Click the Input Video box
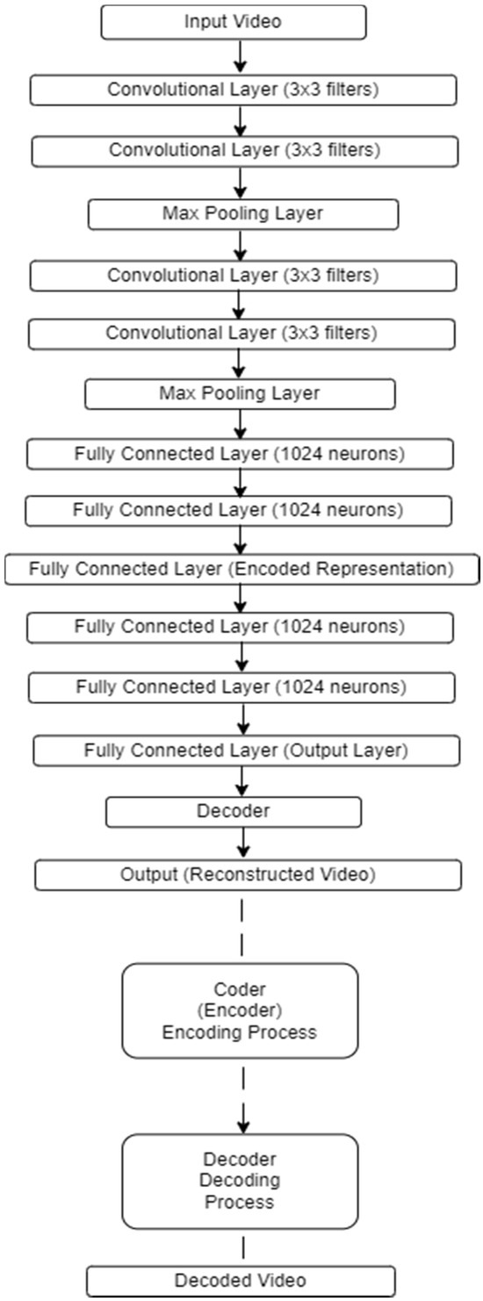[x=233, y=22]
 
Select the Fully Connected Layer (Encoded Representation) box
[x=241, y=569]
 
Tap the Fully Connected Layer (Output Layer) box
[x=246, y=751]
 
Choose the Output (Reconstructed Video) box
[x=247, y=874]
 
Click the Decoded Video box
[x=241, y=1280]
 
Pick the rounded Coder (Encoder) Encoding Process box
[x=240, y=1010]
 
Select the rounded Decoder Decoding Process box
[x=240, y=1181]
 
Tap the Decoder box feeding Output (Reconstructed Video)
[x=234, y=811]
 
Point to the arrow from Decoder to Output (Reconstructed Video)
[x=245, y=844]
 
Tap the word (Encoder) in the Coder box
[x=239, y=1010]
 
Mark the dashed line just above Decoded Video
[x=243, y=1247]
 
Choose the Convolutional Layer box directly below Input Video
[x=243, y=89]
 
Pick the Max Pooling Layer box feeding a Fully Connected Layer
[x=240, y=393]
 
